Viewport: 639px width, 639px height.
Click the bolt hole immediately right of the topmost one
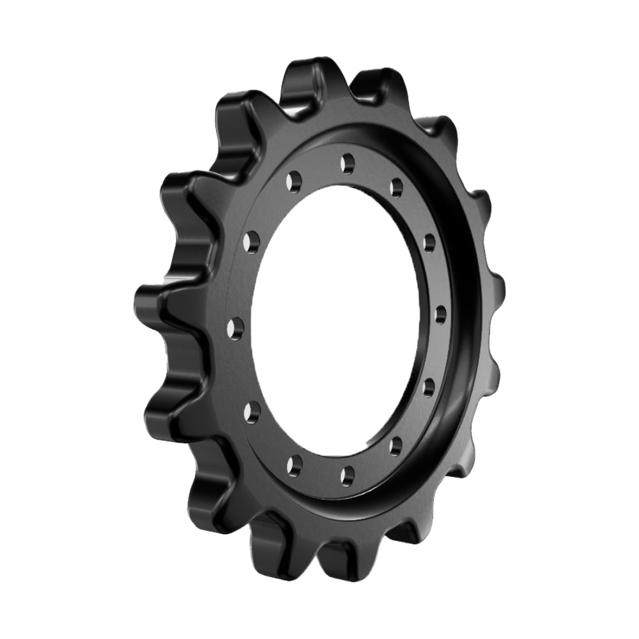pos(397,185)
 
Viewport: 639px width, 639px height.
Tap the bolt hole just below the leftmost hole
pos(252,410)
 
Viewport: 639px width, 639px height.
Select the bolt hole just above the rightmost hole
pos(429,241)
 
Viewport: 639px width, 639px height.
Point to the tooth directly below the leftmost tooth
pos(163,409)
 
